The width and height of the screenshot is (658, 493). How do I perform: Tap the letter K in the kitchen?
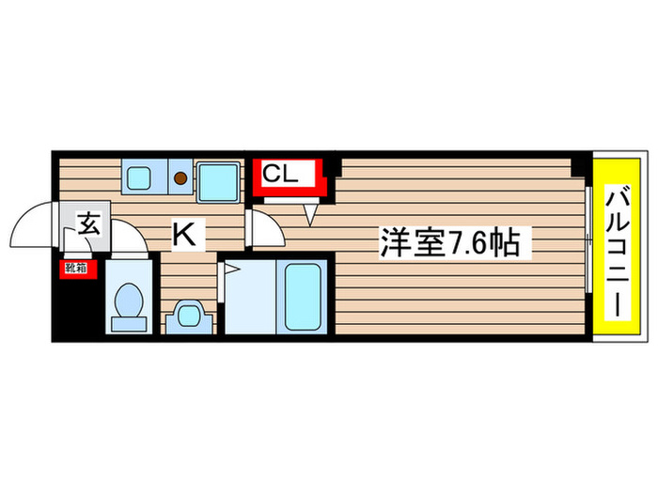185,235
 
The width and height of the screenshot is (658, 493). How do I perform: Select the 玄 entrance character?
88,225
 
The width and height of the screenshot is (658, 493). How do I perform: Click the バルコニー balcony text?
616,252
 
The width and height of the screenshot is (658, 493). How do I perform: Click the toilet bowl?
126,301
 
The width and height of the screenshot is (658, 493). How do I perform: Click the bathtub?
302,294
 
